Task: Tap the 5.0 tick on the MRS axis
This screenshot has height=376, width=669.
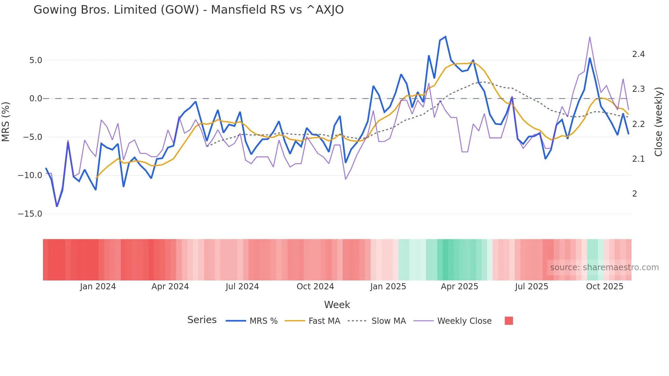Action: click(35, 60)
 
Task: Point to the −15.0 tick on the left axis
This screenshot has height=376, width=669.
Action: click(30, 214)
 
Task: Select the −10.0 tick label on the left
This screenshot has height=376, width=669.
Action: click(30, 175)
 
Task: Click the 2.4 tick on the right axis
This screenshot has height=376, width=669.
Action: click(638, 54)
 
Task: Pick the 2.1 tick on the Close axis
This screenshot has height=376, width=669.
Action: click(638, 159)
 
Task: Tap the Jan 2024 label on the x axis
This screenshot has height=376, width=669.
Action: click(98, 287)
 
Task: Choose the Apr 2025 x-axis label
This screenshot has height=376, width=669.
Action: click(459, 287)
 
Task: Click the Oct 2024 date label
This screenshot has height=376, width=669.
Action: click(315, 287)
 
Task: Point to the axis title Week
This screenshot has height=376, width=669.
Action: click(337, 305)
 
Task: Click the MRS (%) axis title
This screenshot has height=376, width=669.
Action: click(6, 121)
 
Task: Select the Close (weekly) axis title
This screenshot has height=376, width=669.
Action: click(658, 121)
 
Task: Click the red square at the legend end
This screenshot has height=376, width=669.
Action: click(509, 321)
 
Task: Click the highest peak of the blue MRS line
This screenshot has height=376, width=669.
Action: click(445, 37)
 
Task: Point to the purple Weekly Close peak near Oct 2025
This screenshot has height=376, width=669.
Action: click(590, 37)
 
